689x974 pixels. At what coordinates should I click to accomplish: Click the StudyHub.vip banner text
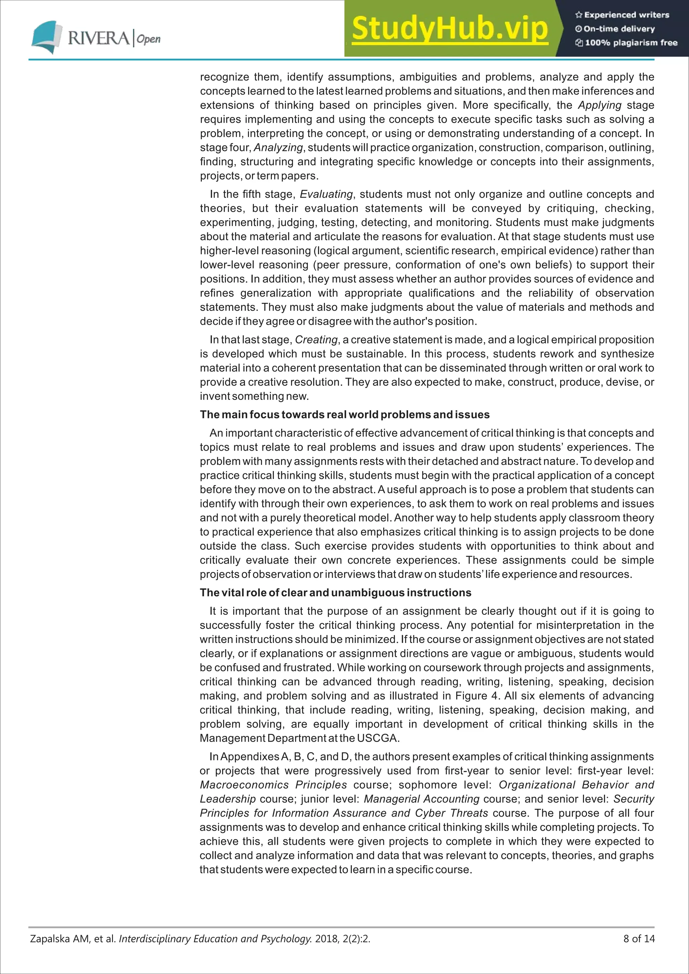(x=450, y=29)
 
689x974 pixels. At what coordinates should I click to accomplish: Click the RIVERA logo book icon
(x=45, y=37)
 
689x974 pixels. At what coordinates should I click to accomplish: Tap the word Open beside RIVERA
(x=148, y=39)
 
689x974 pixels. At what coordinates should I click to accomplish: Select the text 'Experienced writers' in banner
(x=626, y=15)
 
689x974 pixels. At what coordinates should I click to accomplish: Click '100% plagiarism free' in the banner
(x=631, y=42)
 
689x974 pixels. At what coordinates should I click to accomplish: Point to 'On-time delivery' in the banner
(x=619, y=29)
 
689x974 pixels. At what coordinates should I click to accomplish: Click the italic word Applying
(x=600, y=105)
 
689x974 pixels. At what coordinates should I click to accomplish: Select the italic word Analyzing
(x=278, y=148)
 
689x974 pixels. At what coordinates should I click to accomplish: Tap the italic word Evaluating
(x=326, y=194)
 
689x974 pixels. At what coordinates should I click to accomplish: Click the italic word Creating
(x=316, y=340)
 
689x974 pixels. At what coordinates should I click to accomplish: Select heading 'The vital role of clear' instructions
(x=335, y=593)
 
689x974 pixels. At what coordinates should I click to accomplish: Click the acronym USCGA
(x=377, y=738)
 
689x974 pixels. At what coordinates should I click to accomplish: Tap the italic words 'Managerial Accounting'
(x=421, y=799)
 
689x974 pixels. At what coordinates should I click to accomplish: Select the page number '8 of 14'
(x=639, y=939)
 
